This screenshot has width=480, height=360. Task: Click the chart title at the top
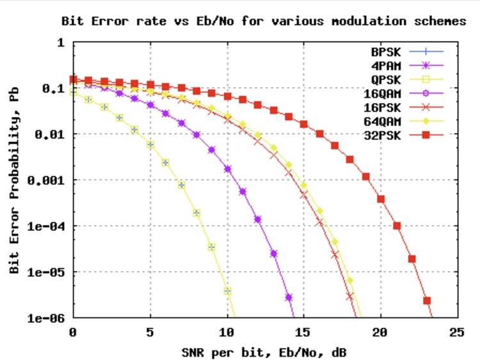point(263,21)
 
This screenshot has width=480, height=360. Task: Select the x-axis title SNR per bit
point(264,350)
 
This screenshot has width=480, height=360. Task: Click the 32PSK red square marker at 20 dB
point(381,199)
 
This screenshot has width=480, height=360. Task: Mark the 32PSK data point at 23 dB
point(427,301)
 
